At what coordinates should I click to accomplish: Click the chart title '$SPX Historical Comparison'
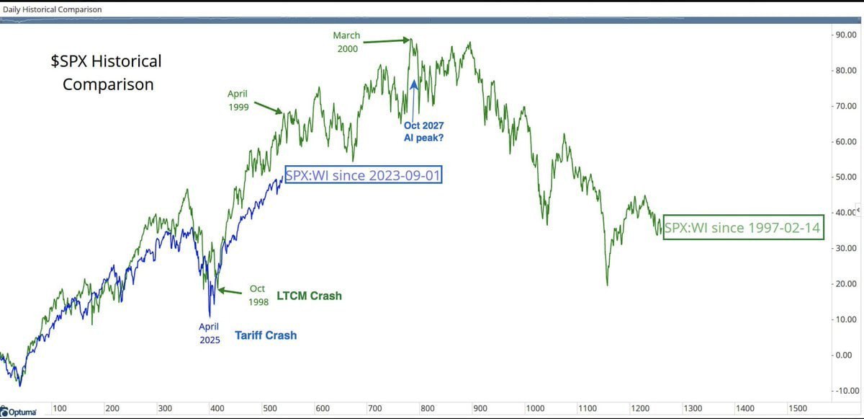[x=107, y=73]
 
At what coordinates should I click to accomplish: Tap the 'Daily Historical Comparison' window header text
[x=53, y=9]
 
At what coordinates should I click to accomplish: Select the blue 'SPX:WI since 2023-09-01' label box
[x=363, y=175]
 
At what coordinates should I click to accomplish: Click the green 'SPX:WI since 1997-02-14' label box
[x=742, y=228]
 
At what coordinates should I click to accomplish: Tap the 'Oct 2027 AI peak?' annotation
[x=423, y=131]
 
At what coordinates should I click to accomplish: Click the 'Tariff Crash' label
[x=266, y=335]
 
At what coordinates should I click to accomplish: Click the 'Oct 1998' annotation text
[x=258, y=296]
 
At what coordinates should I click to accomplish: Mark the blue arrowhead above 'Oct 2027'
[x=414, y=84]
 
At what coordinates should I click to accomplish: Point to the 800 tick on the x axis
[x=428, y=408]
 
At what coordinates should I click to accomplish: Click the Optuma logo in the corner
[x=23, y=412]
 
